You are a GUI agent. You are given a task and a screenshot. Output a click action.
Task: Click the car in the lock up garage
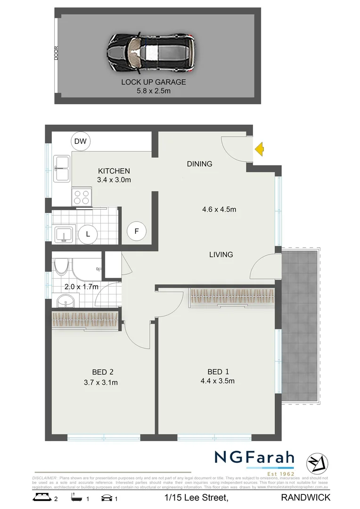tap(150, 53)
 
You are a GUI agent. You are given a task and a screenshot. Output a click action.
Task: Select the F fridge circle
tap(137, 231)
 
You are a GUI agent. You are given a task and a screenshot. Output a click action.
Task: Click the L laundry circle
tap(88, 233)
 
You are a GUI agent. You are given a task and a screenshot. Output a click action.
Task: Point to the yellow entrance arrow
tap(259, 150)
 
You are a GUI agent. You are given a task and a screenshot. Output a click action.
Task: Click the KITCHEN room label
tap(114, 171)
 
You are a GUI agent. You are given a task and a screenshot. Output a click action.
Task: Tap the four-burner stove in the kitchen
tap(82, 197)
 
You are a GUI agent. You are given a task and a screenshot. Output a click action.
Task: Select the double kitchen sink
tap(62, 168)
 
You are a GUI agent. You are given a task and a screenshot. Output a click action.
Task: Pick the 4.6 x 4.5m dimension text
tap(218, 209)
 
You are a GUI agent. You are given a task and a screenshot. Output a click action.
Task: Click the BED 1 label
tap(217, 371)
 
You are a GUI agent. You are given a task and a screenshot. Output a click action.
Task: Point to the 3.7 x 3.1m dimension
tap(100, 382)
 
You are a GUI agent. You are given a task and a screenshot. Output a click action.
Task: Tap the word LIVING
tap(221, 254)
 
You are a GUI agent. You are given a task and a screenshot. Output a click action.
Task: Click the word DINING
tap(199, 164)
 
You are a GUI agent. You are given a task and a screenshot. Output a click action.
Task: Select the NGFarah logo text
tap(254, 458)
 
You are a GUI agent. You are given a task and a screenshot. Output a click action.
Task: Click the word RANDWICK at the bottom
tap(305, 497)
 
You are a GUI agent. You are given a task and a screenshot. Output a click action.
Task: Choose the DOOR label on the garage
tap(56, 52)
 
